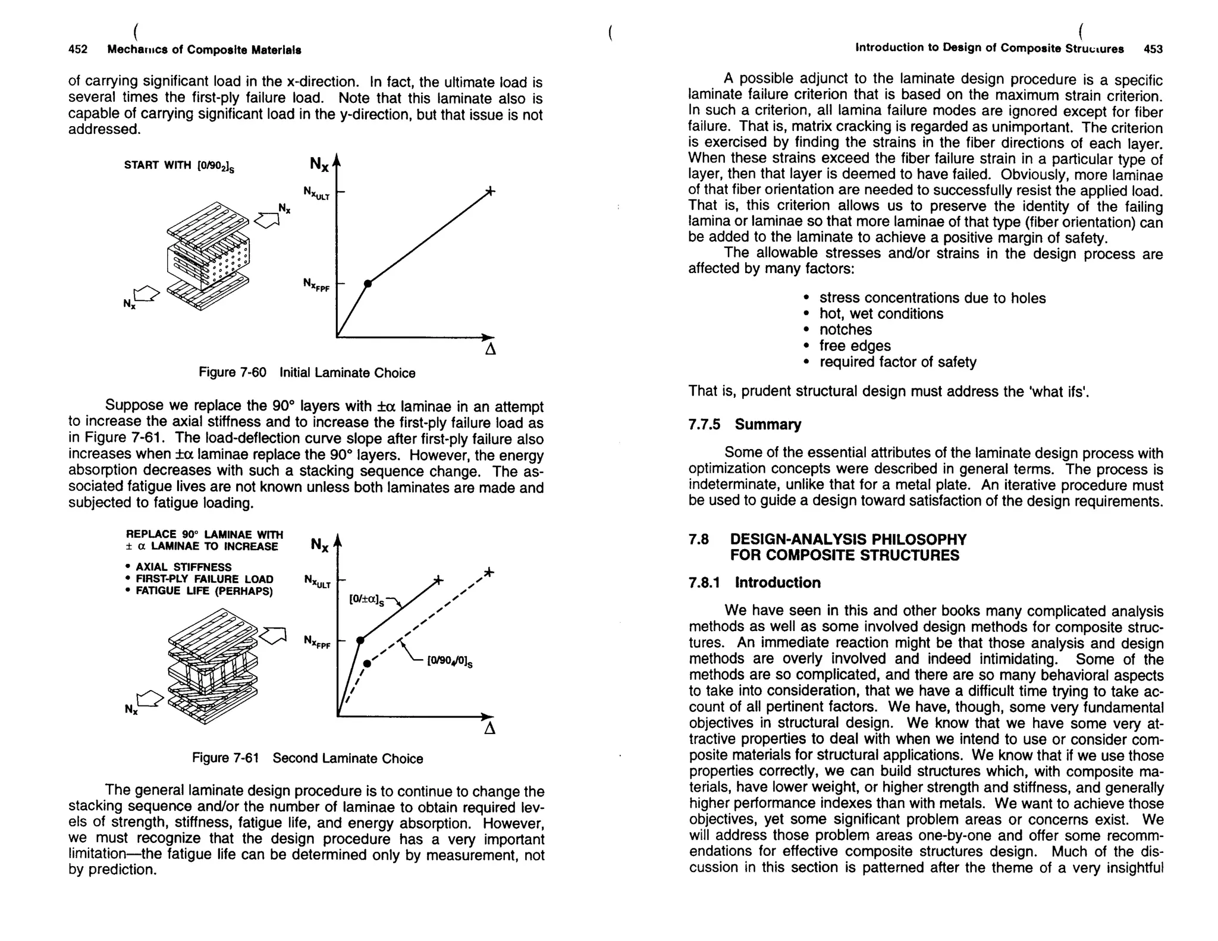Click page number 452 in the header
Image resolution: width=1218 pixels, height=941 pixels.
pyautogui.click(x=78, y=50)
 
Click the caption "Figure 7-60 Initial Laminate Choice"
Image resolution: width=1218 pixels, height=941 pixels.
pyautogui.click(x=306, y=373)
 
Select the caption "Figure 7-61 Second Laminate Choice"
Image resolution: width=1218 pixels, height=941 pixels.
pyautogui.click(x=307, y=758)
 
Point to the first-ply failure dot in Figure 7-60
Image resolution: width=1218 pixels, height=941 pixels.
pyautogui.click(x=368, y=284)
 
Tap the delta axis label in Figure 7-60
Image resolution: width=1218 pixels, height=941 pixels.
pyautogui.click(x=491, y=350)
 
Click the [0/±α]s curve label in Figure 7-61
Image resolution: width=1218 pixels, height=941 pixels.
pyautogui.click(x=367, y=600)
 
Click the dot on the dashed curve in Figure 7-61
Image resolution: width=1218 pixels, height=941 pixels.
pyautogui.click(x=368, y=663)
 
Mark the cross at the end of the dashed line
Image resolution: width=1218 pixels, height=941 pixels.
pyautogui.click(x=488, y=572)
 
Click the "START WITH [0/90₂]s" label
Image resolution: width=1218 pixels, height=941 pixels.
pyautogui.click(x=179, y=166)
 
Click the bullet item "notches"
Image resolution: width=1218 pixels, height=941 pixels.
pyautogui.click(x=845, y=330)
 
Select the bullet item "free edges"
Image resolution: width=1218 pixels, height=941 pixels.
pyautogui.click(x=855, y=346)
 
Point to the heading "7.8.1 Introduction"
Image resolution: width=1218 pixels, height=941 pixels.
pyautogui.click(x=754, y=582)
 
